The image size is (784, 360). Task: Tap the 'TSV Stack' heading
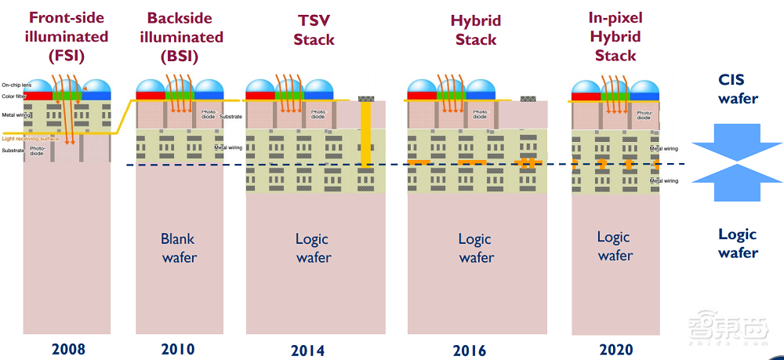click(314, 29)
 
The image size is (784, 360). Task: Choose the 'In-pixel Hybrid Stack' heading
click(615, 36)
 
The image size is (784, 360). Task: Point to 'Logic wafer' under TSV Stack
click(312, 248)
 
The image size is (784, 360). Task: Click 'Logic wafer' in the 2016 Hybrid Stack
click(476, 248)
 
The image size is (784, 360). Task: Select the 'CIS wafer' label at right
click(738, 89)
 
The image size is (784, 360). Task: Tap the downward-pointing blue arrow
click(737, 151)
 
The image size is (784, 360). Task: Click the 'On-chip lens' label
click(16, 84)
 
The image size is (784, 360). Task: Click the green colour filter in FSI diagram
click(67, 95)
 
